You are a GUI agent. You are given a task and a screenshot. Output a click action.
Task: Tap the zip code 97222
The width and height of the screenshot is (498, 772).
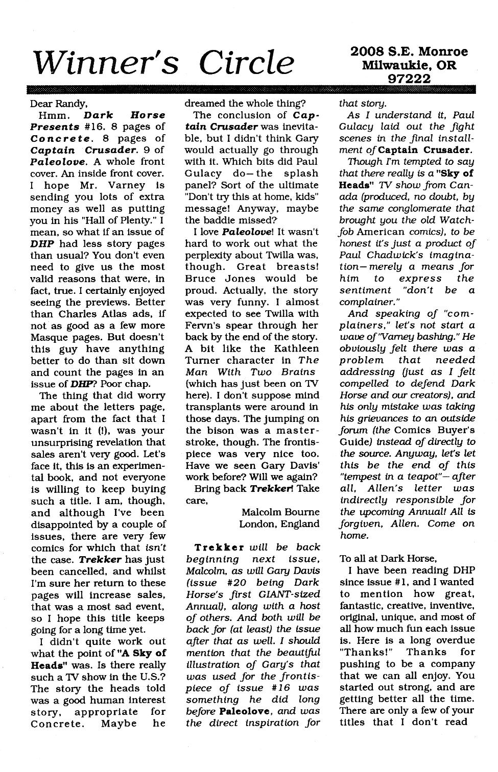409,79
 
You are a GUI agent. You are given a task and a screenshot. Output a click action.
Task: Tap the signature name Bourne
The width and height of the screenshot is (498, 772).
300,512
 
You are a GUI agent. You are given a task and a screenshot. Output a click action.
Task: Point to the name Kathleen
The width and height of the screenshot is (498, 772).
298,348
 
